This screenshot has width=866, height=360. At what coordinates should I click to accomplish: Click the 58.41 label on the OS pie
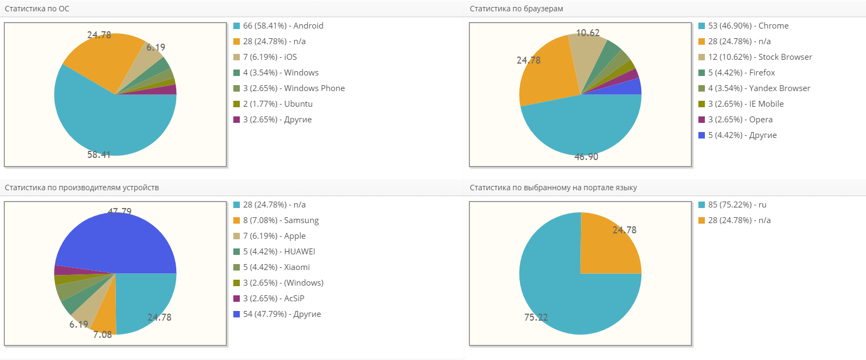[99, 155]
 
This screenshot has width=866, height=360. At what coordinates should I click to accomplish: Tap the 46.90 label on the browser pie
[586, 157]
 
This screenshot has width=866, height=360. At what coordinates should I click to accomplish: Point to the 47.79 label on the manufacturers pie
[120, 211]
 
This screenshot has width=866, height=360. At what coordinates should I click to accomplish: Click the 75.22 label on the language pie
[536, 317]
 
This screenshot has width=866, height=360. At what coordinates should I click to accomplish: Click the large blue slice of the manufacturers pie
[124, 243]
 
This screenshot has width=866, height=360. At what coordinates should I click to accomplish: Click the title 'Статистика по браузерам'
[516, 9]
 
